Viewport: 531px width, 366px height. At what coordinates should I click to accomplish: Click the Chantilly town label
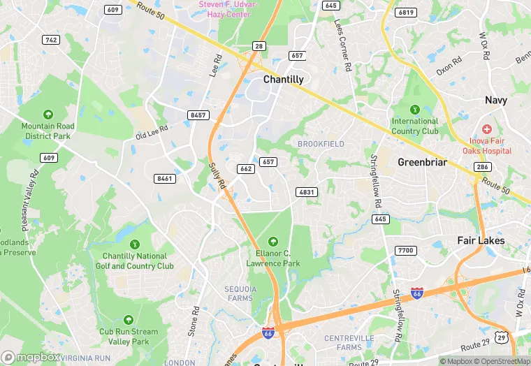click(x=283, y=80)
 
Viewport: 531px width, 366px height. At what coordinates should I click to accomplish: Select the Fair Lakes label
click(x=481, y=240)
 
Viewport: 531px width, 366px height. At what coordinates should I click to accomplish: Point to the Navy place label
click(x=496, y=101)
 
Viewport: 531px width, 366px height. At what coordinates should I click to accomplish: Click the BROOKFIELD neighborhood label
click(x=321, y=144)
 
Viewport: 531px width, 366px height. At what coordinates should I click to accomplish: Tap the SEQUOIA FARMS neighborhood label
click(x=240, y=293)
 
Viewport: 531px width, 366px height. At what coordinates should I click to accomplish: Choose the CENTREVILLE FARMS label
click(x=340, y=342)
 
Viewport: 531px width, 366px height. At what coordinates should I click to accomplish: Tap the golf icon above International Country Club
click(x=414, y=109)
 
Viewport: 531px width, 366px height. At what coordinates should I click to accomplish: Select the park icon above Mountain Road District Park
click(x=48, y=114)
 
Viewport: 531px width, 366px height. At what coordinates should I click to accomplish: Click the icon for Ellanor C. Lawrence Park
click(x=272, y=242)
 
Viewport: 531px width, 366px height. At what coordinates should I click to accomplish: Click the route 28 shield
click(x=259, y=46)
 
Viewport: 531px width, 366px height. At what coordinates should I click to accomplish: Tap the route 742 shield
click(x=50, y=40)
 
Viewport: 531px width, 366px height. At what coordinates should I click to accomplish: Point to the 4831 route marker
click(x=307, y=192)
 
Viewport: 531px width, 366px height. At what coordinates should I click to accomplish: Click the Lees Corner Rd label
click(x=341, y=46)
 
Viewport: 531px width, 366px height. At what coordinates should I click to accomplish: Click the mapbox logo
click(x=31, y=357)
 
